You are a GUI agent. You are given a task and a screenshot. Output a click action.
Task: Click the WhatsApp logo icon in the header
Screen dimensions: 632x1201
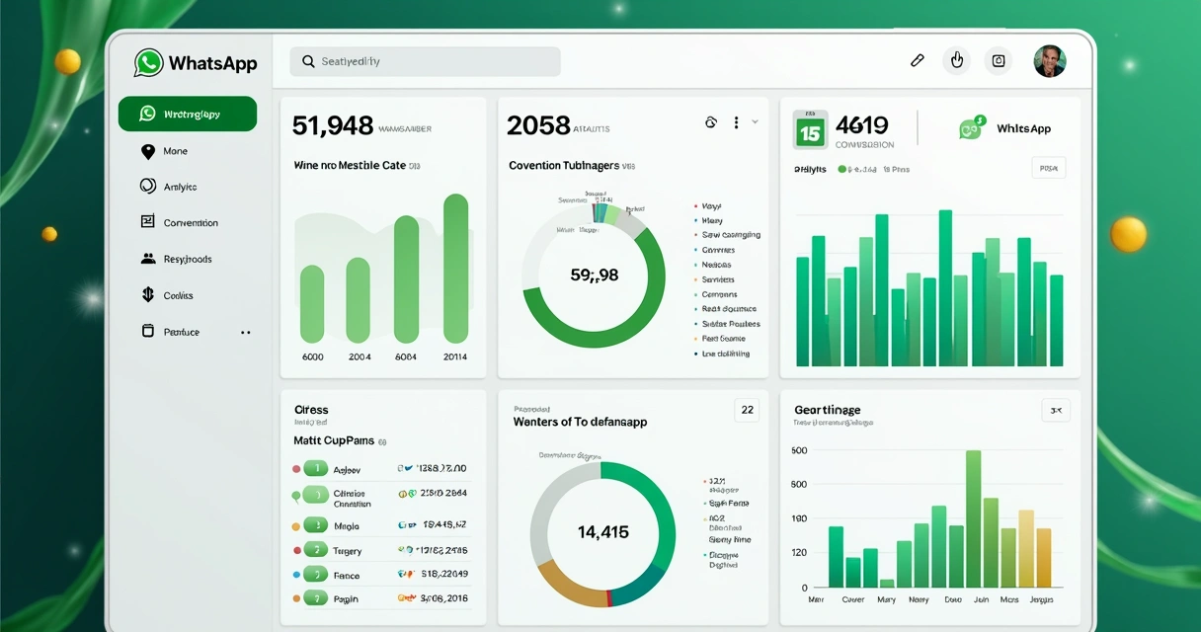tap(149, 63)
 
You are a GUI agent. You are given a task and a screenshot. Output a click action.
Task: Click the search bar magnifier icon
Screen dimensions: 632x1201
tap(308, 62)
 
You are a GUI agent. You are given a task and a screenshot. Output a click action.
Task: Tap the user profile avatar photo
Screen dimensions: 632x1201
tap(1050, 61)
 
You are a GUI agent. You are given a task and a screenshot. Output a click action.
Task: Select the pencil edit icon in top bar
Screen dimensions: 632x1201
tap(917, 61)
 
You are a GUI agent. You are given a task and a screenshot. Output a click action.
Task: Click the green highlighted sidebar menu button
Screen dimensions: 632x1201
tap(188, 115)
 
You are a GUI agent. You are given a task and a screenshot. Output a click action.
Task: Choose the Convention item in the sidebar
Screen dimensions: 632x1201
tap(190, 223)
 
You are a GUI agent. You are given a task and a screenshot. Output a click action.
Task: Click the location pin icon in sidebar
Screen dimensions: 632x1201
tap(148, 151)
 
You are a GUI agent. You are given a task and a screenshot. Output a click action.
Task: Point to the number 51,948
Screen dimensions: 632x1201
tap(333, 126)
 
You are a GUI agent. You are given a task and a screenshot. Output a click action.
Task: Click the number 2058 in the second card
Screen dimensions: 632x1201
tap(538, 126)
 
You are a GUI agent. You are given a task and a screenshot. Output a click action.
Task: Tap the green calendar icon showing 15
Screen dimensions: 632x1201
tap(810, 129)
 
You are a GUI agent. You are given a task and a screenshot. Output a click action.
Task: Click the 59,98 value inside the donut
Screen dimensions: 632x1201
tap(595, 276)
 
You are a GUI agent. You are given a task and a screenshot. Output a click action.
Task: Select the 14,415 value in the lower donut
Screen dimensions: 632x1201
tap(602, 532)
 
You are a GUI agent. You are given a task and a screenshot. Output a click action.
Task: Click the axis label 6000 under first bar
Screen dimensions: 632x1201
tap(312, 357)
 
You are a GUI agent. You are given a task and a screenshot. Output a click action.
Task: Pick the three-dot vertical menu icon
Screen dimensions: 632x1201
tap(736, 122)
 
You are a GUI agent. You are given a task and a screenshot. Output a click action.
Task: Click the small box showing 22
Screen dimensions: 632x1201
tap(747, 410)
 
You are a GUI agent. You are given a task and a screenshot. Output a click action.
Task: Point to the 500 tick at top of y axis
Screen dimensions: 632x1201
tap(799, 451)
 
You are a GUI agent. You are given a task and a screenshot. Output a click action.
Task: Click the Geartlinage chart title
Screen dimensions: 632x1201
tap(827, 410)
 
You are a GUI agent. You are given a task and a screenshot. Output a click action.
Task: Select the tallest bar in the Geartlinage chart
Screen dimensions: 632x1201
tap(973, 518)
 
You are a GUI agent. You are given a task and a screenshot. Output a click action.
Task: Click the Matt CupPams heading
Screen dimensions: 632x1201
tap(334, 441)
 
